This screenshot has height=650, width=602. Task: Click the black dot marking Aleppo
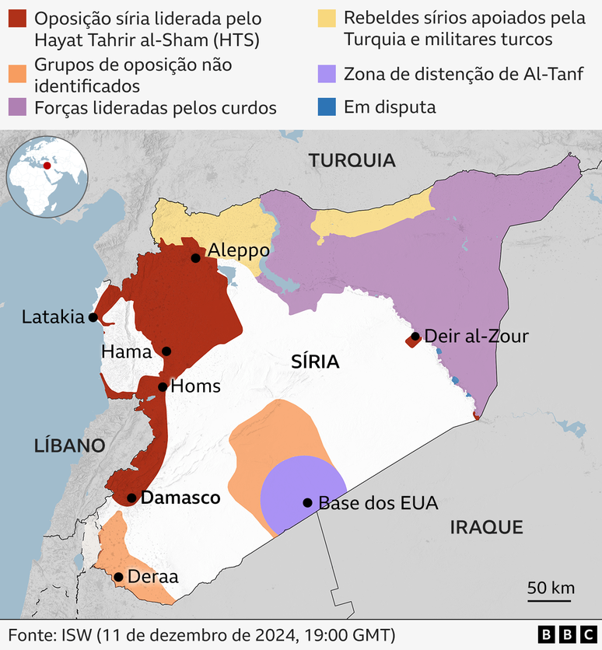coord(196,257)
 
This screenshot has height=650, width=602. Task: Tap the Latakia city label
coord(52,317)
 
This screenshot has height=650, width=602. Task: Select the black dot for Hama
coord(166,351)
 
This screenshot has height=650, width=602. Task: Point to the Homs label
coord(195,386)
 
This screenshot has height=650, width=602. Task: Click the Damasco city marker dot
coord(131,498)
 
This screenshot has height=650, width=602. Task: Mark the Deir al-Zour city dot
coord(415,337)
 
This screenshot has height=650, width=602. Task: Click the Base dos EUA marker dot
coord(307,502)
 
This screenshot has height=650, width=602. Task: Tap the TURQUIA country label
coord(352,161)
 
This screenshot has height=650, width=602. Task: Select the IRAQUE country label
coord(486,528)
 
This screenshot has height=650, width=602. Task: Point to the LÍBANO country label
coord(69,446)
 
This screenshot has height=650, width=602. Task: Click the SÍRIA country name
coord(315,362)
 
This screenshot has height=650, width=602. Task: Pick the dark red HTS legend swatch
coord(17,18)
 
